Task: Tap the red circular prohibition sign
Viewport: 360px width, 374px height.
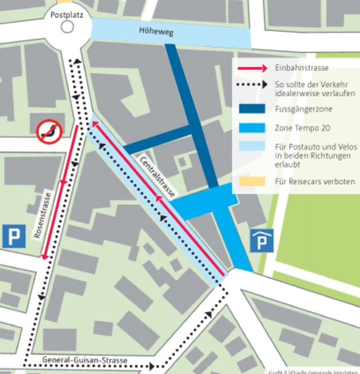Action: click(48, 132)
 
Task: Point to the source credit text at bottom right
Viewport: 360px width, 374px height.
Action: click(313, 371)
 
